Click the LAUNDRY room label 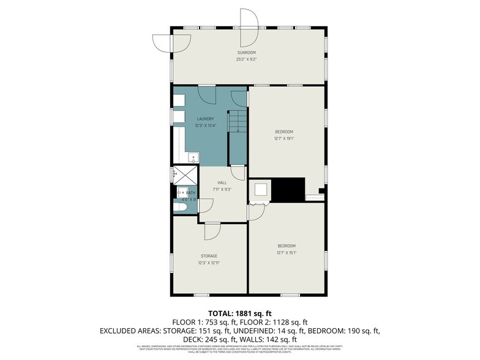coord(205,119)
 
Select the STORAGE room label coord(209,256)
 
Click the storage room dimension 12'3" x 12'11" coord(209,263)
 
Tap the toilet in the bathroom coord(180,208)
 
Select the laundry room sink coord(192,157)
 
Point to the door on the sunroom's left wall coord(162,42)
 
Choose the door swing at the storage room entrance coord(212,231)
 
